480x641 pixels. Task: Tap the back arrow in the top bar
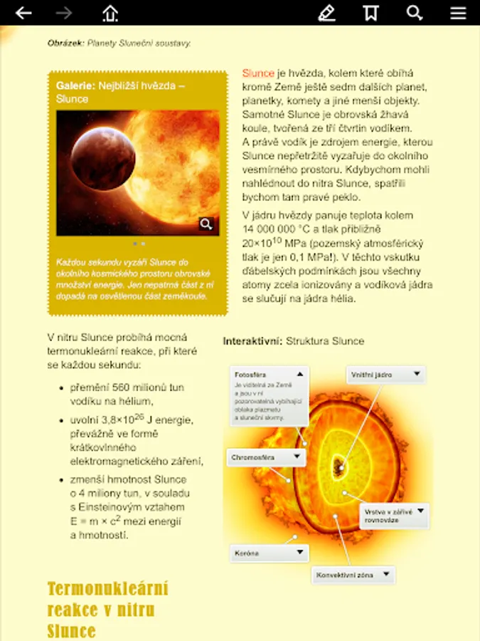(23, 13)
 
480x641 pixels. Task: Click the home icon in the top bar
(110, 13)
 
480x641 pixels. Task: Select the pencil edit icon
(326, 13)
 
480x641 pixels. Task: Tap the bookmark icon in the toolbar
(370, 13)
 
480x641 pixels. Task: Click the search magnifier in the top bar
(415, 13)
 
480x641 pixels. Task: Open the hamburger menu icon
(458, 13)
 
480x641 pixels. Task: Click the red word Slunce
(258, 73)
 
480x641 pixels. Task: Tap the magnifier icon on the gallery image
(206, 224)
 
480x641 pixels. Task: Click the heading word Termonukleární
(107, 588)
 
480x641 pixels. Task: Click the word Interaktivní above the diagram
(252, 341)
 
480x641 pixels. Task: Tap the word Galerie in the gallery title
(75, 85)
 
